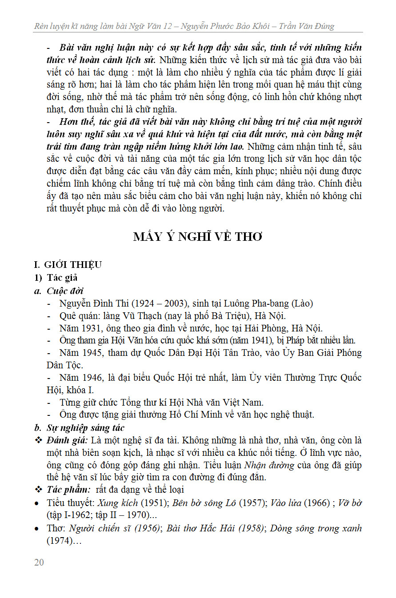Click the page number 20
pyautogui.click(x=39, y=562)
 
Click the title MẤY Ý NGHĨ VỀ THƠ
pyautogui.click(x=198, y=237)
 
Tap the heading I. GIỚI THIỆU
pyautogui.click(x=68, y=265)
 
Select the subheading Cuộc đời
pyautogui.click(x=65, y=291)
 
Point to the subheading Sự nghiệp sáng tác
pyautogui.click(x=85, y=428)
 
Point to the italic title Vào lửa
pyautogui.click(x=290, y=503)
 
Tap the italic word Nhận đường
pyautogui.click(x=269, y=466)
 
